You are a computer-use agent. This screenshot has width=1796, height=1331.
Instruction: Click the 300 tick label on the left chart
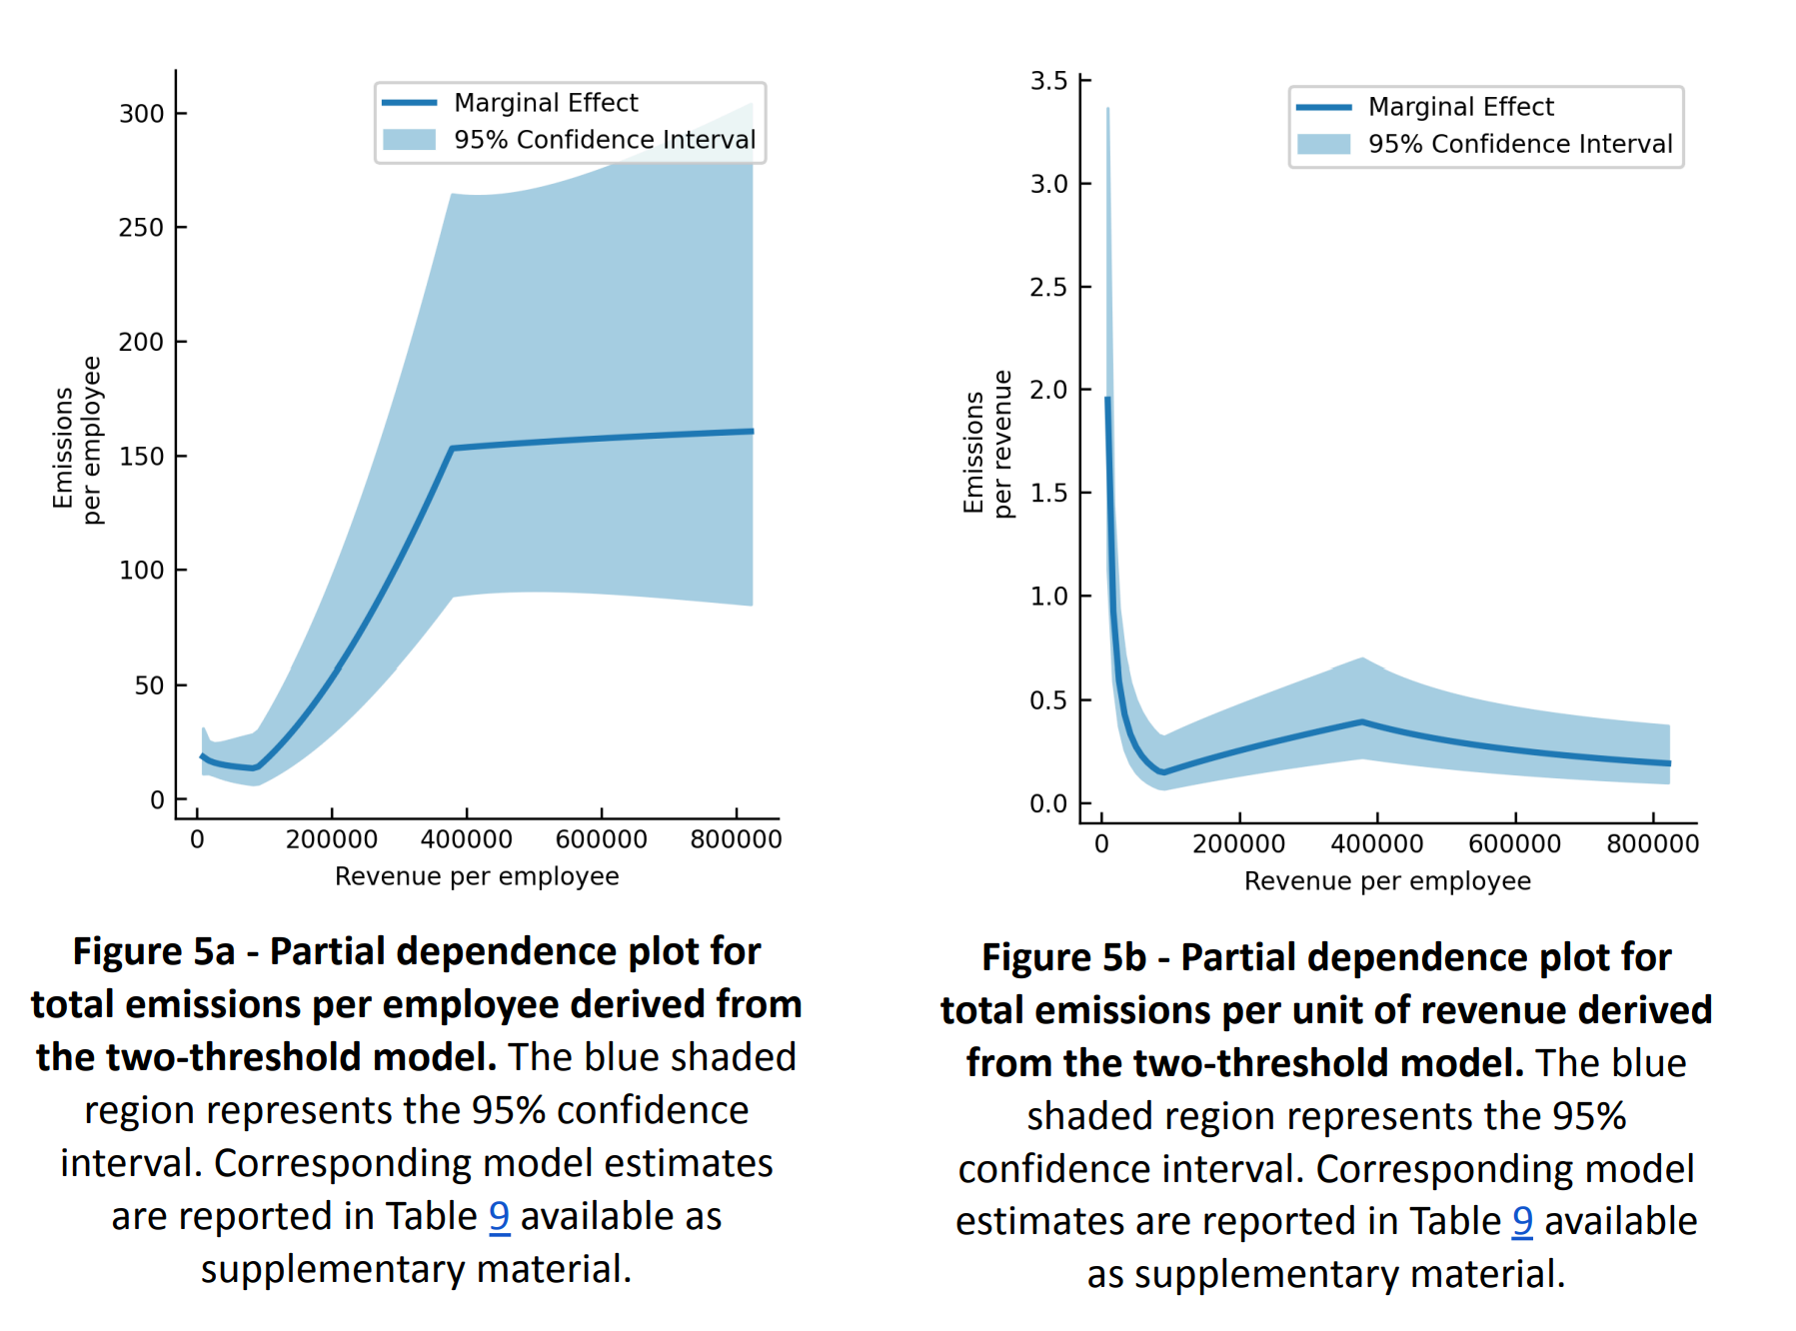141,114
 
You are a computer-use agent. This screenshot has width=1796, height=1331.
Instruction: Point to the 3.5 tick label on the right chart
1049,81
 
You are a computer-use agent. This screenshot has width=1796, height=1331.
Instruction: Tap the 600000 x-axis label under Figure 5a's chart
601,839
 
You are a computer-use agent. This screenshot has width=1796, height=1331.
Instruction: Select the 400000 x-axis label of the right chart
1377,844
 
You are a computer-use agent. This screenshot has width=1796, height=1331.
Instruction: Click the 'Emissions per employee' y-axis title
77,441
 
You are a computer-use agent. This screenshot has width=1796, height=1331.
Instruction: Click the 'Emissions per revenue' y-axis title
987,444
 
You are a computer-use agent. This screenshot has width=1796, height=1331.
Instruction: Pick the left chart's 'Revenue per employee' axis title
477,876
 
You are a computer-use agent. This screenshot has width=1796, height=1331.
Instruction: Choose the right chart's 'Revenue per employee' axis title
1387,881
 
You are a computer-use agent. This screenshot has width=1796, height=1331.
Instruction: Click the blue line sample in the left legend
410,103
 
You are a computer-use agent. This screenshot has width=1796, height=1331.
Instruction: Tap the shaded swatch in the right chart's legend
1324,144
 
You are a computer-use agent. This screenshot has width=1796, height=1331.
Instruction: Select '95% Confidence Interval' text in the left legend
605,140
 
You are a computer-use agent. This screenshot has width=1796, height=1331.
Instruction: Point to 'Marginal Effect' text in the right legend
1461,107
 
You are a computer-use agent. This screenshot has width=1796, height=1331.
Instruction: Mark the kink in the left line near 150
452,449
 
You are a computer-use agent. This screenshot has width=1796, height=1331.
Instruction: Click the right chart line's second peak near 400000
1362,721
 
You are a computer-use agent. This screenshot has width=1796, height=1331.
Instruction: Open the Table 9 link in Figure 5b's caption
1522,1222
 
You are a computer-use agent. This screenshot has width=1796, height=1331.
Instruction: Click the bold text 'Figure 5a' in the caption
154,952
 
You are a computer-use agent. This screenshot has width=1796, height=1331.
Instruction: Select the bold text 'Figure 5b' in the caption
1063,958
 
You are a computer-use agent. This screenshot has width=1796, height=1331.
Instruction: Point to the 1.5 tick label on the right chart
1049,493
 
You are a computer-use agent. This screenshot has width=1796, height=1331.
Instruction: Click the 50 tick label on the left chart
149,685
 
